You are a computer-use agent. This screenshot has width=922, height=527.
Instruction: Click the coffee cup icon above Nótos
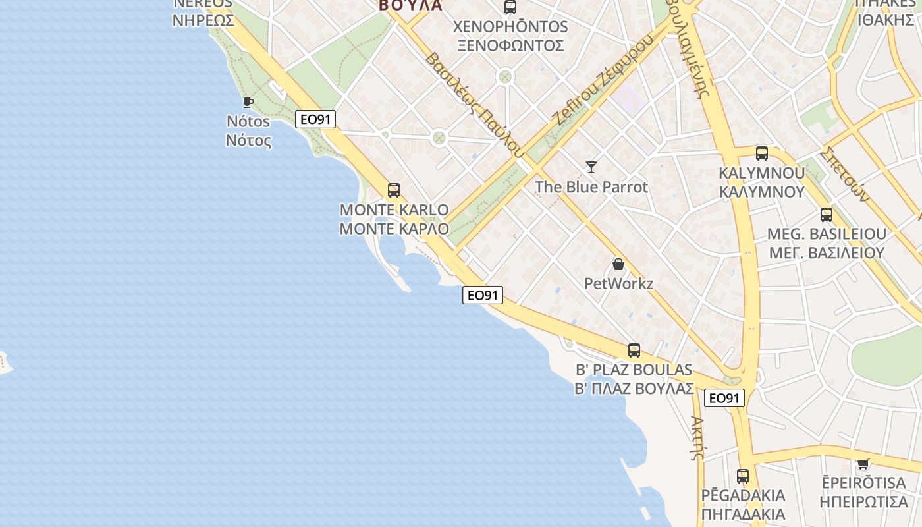point(248,102)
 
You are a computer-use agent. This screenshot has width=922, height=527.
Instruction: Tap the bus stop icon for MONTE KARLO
point(394,190)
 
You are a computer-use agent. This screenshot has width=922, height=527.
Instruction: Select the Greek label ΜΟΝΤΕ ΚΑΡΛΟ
point(394,229)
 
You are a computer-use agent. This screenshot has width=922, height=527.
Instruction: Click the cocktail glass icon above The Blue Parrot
point(591,167)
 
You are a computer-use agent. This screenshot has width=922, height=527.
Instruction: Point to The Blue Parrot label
point(591,187)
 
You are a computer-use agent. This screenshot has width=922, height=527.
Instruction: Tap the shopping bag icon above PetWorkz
point(618,264)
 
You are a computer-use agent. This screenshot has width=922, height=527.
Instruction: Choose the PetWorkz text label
point(618,284)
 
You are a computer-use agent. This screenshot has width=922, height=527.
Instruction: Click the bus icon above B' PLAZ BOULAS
point(634,350)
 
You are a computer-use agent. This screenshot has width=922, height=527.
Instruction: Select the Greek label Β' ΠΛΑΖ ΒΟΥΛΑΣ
point(634,389)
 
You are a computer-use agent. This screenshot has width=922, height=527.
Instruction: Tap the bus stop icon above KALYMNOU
point(762,153)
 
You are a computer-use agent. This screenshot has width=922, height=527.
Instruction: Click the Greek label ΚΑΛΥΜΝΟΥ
point(762,192)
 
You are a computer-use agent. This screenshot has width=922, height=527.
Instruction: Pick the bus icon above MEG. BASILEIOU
point(827,215)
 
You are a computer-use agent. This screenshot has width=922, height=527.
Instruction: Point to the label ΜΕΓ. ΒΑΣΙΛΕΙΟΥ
point(827,253)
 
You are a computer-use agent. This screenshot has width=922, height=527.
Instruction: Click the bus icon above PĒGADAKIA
point(743,476)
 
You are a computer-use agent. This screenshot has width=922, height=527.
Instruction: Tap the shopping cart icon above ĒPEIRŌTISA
point(863,464)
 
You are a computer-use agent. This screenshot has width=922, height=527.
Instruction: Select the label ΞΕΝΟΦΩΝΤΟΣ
point(510,45)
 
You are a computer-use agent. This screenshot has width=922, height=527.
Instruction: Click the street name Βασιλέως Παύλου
point(474,105)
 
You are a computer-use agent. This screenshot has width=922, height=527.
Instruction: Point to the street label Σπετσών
point(846,174)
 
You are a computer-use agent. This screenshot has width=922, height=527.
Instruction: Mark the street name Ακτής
point(697,437)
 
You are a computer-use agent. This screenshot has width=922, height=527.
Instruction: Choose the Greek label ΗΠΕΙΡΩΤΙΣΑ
point(863,502)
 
